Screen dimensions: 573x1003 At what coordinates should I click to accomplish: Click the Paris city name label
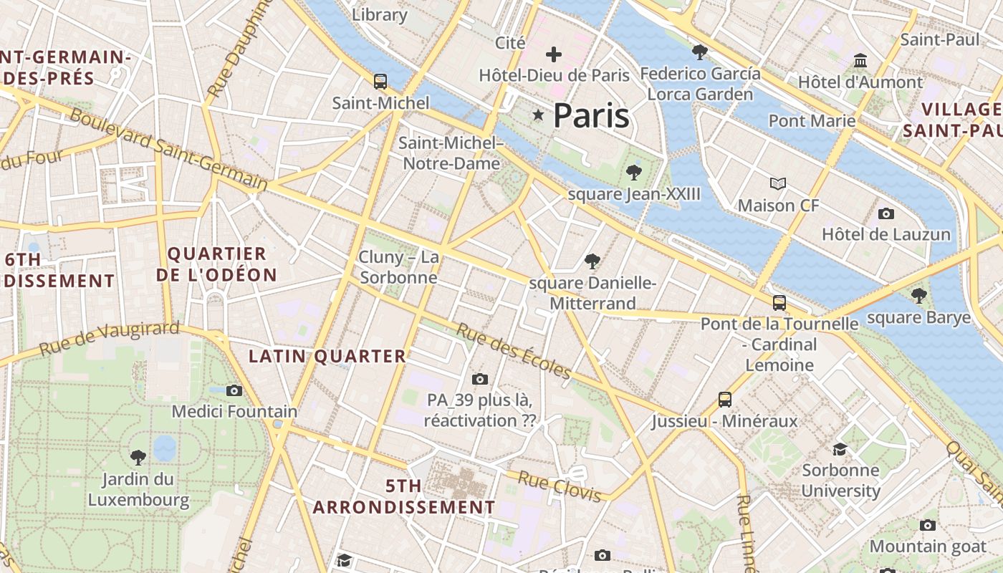[x=591, y=115]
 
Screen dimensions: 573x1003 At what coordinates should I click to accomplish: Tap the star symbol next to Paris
[x=538, y=115]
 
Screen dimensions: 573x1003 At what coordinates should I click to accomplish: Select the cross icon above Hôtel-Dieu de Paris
[x=553, y=54]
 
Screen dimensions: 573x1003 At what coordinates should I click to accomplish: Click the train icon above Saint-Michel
[x=380, y=82]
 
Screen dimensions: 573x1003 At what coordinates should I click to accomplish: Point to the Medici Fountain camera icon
[x=234, y=390]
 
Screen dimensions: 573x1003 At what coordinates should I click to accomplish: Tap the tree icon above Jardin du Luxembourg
[x=138, y=456]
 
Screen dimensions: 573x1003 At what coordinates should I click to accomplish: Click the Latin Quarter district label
[x=327, y=356]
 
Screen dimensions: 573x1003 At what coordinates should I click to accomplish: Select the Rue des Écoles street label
[x=514, y=352]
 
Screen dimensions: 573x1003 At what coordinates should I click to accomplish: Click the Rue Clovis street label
[x=559, y=486]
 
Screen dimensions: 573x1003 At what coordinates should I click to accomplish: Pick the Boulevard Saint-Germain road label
[x=168, y=150]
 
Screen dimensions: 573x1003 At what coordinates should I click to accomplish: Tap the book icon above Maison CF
[x=777, y=184]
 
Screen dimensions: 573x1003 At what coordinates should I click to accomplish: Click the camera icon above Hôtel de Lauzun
[x=886, y=213]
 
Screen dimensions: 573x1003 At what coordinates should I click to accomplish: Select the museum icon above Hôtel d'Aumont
[x=860, y=60]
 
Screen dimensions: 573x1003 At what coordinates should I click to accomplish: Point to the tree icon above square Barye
[x=918, y=295]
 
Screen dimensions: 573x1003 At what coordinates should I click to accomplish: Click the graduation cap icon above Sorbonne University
[x=840, y=449]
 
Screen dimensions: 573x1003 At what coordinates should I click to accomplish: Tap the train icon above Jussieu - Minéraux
[x=724, y=400]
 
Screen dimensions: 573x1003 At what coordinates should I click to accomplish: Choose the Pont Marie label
[x=812, y=120]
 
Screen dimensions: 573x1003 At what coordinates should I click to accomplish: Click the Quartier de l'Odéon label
[x=216, y=264]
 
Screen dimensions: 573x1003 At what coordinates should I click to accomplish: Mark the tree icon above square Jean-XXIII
[x=633, y=172]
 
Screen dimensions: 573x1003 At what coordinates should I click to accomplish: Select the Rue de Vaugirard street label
[x=109, y=338]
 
